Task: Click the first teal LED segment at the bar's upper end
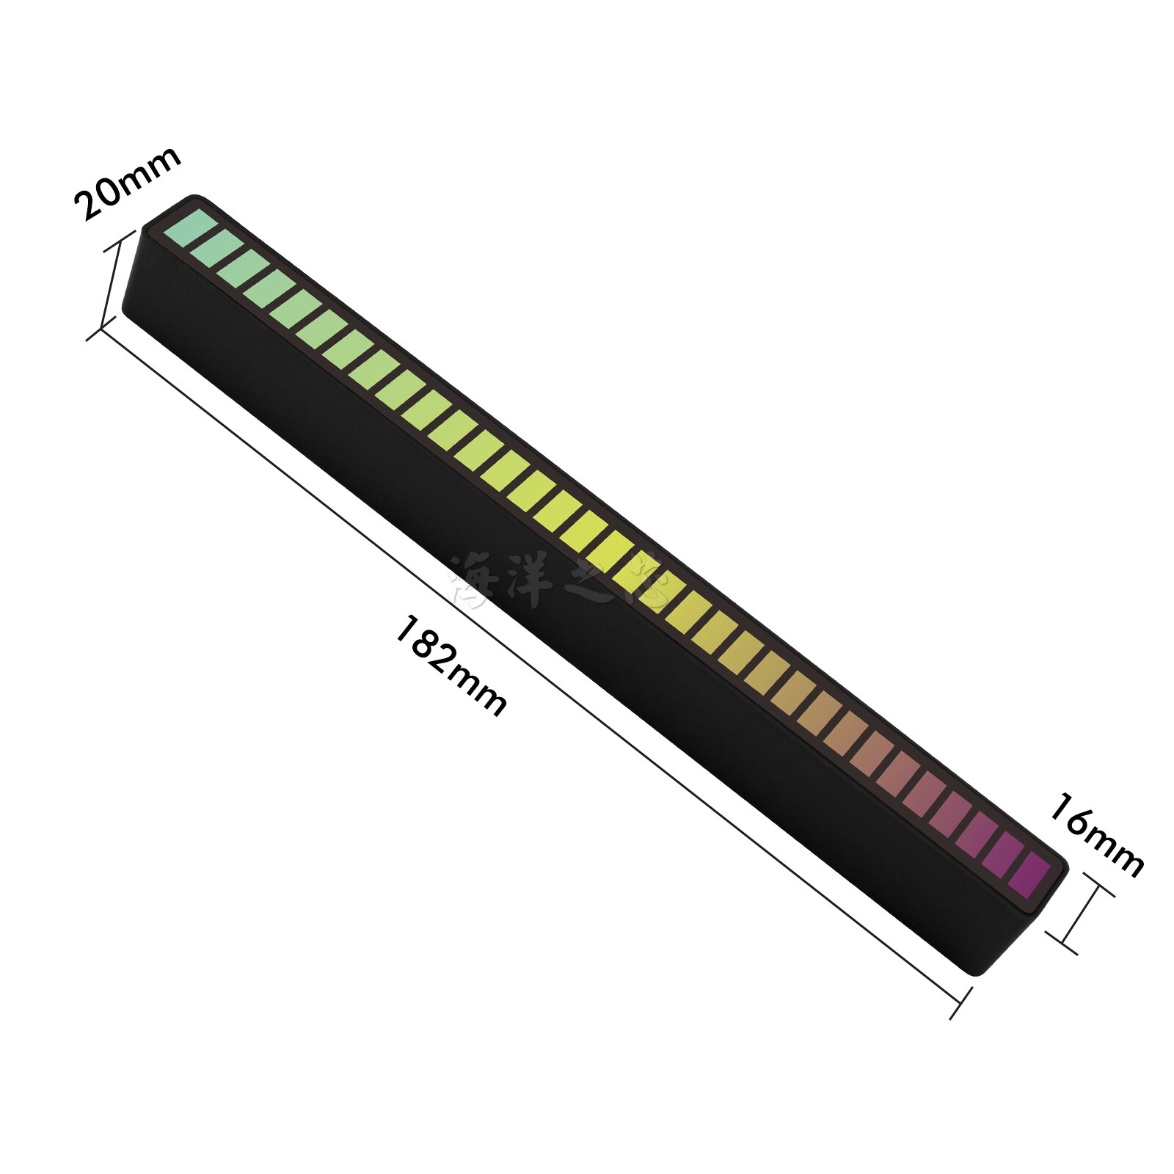pos(190,227)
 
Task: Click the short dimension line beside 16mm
pos(1079,914)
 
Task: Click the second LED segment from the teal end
pos(216,248)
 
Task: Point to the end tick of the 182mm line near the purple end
pos(960,1003)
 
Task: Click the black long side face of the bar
pos(514,572)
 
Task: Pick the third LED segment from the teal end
pos(243,268)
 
